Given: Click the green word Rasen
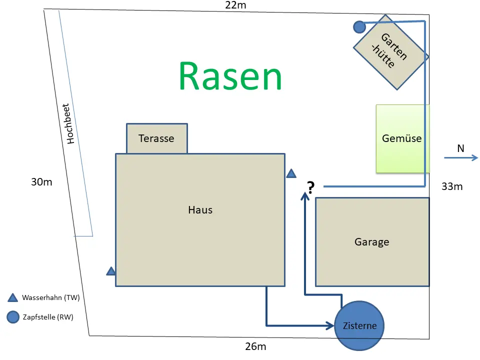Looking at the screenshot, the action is click(230, 76).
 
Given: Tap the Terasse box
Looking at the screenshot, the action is click(156, 138).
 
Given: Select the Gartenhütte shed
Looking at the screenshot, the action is click(391, 52).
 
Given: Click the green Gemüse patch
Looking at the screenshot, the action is click(402, 138).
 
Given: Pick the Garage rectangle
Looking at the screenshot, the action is click(372, 242).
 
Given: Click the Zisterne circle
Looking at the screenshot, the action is click(359, 325).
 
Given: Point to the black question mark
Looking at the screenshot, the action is click(310, 187).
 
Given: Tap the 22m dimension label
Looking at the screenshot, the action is click(235, 5).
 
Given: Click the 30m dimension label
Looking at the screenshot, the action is click(41, 182).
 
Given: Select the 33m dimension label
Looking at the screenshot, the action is click(452, 186).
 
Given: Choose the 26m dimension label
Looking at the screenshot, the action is click(255, 346).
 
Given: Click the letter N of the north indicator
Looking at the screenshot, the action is click(460, 148).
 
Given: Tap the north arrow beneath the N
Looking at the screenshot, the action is click(461, 157).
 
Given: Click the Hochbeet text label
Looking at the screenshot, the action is click(68, 123).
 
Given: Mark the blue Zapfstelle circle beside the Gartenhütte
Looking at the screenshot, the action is click(359, 27).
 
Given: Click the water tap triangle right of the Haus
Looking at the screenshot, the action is click(291, 173).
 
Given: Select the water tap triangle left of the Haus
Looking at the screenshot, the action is click(111, 271).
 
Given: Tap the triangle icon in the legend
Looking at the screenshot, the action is click(12, 297).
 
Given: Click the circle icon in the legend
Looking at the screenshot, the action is click(13, 317).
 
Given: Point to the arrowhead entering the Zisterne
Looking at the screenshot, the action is click(330, 325).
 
